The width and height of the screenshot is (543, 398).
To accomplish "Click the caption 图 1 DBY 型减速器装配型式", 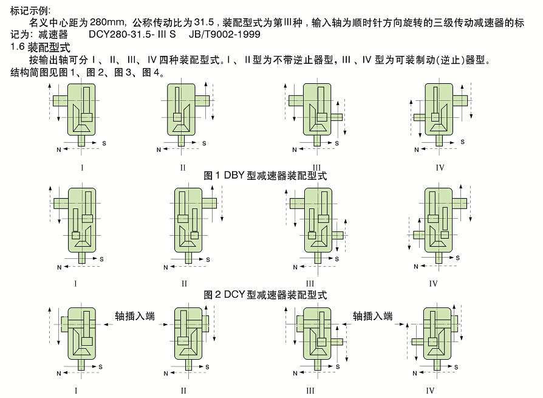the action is pyautogui.click(x=265, y=176).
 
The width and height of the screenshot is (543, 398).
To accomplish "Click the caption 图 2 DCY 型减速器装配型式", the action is pyautogui.click(x=265, y=295).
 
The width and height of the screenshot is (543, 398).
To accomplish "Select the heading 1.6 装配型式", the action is pyautogui.click(x=40, y=47).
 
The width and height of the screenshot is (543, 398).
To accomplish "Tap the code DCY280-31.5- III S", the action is pyautogui.click(x=132, y=34).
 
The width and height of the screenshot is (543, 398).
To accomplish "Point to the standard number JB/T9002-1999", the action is pyautogui.click(x=224, y=34).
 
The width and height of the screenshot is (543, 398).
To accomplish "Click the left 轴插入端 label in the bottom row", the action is pyautogui.click(x=135, y=316).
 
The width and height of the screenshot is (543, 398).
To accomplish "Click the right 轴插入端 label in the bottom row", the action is pyautogui.click(x=372, y=316).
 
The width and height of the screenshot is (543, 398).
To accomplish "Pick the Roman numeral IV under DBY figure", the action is pyautogui.click(x=440, y=168).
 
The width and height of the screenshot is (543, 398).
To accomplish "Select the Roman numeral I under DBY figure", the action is pyautogui.click(x=82, y=168).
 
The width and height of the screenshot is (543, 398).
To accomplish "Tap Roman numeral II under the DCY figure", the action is pyautogui.click(x=184, y=284).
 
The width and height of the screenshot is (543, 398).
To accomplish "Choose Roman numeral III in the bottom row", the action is pyautogui.click(x=310, y=391).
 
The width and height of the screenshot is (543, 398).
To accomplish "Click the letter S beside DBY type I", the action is pyautogui.click(x=104, y=143).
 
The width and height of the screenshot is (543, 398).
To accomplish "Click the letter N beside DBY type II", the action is pyautogui.click(x=159, y=149).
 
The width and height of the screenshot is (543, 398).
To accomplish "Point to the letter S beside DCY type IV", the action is pyautogui.click(x=458, y=258).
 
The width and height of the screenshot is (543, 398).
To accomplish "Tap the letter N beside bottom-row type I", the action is pyautogui.click(x=59, y=374).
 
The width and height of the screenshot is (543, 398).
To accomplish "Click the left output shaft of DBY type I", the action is pyautogui.click(x=61, y=101).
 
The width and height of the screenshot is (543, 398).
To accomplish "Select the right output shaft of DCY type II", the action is pyautogui.click(x=209, y=203).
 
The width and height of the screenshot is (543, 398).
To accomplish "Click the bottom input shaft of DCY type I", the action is pyautogui.click(x=82, y=258).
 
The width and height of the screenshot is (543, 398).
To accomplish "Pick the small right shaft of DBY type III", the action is pyautogui.click(x=336, y=117).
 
